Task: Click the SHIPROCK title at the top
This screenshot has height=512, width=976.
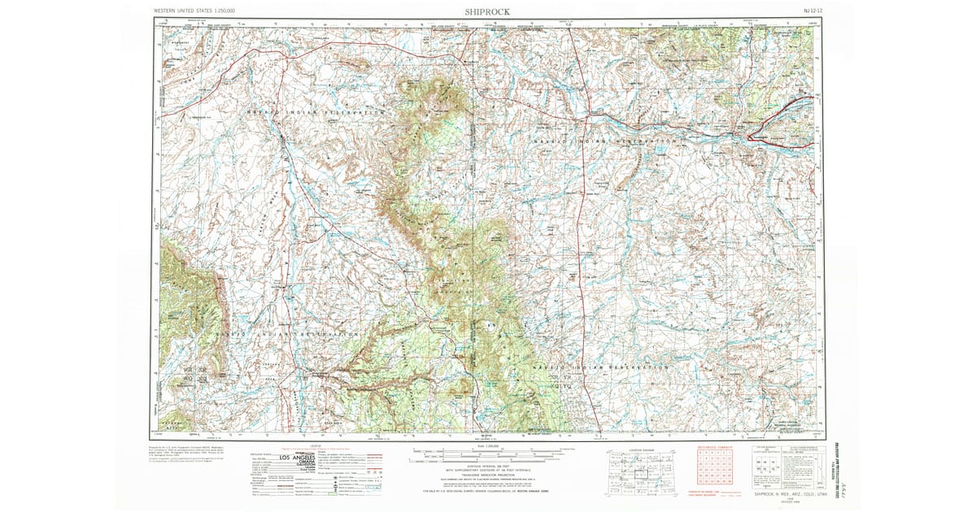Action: pos(487,12)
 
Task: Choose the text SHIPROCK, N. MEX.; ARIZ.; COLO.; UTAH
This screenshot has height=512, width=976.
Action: pos(788,494)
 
